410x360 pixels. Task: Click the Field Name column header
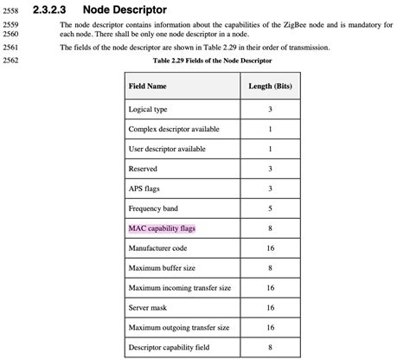[x=148, y=87]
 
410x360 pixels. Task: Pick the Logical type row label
[x=148, y=110]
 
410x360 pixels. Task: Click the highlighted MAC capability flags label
[x=162, y=228]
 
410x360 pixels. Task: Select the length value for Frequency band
[x=271, y=209]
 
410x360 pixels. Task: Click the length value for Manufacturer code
[x=271, y=248]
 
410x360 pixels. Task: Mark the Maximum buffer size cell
[x=162, y=268]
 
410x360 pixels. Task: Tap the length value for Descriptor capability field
[x=271, y=347]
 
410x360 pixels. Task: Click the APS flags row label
[x=144, y=189]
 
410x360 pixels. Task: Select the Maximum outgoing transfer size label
[x=179, y=327]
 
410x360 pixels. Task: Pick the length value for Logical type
[x=271, y=110]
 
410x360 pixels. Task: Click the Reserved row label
[x=143, y=169]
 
